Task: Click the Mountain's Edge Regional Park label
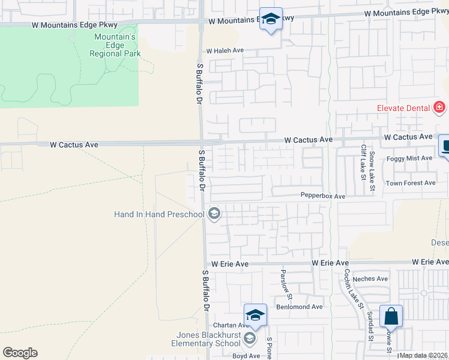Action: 115,45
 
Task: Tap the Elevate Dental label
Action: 403,108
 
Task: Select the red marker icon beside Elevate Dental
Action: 439,107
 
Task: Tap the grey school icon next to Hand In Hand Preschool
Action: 214,213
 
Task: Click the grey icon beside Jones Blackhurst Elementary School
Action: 249,340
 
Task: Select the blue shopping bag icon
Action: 391,316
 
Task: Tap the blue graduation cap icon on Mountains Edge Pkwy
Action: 271,19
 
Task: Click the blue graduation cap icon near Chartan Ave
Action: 255,316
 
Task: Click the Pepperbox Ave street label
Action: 323,196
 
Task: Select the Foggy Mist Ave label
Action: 409,158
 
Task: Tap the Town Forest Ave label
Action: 411,183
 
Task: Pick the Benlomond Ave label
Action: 299,307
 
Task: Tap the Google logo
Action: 20,353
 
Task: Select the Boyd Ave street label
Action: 246,356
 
